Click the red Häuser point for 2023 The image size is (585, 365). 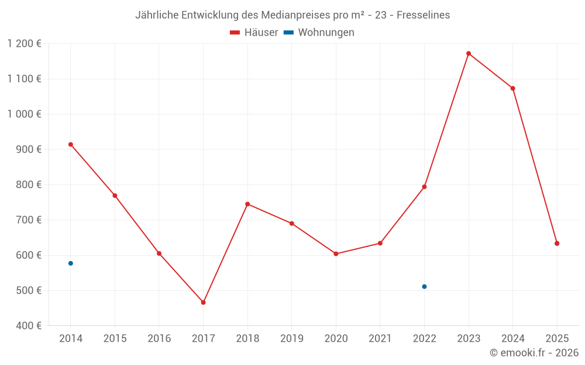[469, 54]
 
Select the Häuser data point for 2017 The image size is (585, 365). [203, 303]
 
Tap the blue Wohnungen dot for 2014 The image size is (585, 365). [71, 263]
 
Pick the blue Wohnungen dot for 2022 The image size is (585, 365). [424, 287]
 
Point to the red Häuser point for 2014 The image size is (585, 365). [71, 144]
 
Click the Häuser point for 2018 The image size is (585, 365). [247, 204]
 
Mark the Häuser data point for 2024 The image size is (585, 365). [512, 88]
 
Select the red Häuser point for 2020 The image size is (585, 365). [336, 253]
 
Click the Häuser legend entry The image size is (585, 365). [254, 33]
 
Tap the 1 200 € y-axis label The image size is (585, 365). [25, 44]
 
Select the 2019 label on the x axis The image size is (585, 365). [291, 339]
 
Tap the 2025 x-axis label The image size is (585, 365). [557, 339]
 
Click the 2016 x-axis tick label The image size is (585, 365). [159, 339]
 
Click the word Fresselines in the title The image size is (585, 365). [423, 15]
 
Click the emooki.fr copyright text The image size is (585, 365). [534, 353]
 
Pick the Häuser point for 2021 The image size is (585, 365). [380, 243]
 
